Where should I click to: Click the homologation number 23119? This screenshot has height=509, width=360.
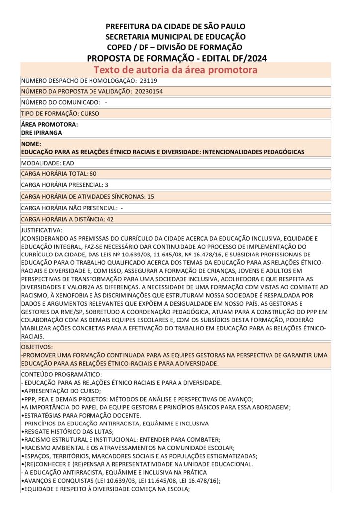pos(148,80)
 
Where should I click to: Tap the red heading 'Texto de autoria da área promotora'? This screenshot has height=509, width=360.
pos(176,70)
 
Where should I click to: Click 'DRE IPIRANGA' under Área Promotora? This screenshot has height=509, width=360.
pos(42,133)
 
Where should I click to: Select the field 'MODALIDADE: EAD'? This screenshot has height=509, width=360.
pos(47,163)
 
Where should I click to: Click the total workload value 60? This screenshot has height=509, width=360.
pos(93,174)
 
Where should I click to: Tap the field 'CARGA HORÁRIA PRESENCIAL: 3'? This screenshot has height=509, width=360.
pos(65,185)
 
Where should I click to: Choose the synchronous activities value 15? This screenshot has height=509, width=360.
pos(150,196)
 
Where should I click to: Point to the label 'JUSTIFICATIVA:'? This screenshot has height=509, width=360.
pos(42,230)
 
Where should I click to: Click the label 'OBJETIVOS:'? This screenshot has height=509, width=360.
pos(37,346)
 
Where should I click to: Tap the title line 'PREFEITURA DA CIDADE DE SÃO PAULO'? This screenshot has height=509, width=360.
pos(176,26)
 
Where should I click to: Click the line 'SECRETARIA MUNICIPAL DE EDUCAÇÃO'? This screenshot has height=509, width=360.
pos(176,37)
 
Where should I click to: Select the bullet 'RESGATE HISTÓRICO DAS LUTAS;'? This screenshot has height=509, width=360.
pos(65,431)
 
